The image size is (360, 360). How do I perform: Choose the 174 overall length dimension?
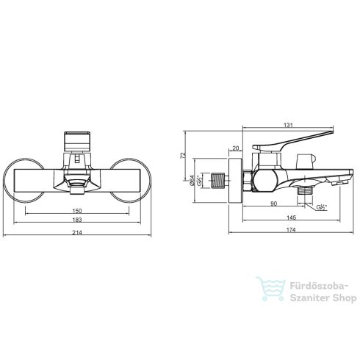pyautogui.click(x=292, y=232)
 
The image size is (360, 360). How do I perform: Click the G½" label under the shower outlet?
pyautogui.click(x=322, y=207)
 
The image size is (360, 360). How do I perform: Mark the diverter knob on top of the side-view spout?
pyautogui.click(x=302, y=162)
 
